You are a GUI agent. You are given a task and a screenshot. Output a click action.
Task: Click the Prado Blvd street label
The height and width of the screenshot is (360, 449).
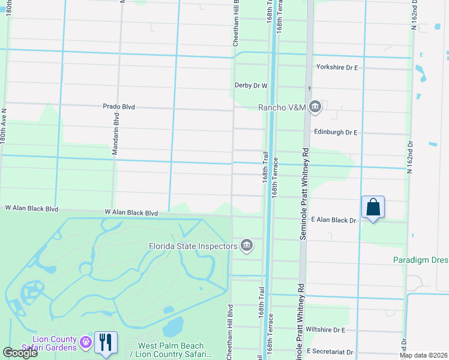[x=118, y=107]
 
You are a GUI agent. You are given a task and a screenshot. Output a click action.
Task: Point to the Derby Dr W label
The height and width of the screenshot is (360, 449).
[x=250, y=86]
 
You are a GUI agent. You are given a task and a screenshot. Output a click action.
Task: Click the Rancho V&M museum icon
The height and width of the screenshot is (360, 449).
[x=316, y=107]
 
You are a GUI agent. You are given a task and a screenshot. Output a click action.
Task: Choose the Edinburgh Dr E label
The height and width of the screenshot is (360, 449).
[x=335, y=132]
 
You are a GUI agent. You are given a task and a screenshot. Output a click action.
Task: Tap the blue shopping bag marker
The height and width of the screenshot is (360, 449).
[x=373, y=207]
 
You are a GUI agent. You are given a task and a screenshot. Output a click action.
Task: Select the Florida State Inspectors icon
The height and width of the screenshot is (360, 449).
[x=247, y=245]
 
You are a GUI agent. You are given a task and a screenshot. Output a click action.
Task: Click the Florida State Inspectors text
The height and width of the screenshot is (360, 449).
[x=193, y=246]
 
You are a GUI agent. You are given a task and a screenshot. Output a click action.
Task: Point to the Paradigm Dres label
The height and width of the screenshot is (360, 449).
[x=421, y=260]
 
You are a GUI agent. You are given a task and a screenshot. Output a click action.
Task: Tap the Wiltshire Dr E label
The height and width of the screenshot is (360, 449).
[x=325, y=330]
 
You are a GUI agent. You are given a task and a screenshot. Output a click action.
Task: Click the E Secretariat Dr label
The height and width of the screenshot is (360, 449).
[x=330, y=352]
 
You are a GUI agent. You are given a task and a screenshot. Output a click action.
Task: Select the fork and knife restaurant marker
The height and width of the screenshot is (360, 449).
[x=106, y=343]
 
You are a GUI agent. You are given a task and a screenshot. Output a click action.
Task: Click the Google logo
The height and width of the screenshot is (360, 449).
[x=20, y=353]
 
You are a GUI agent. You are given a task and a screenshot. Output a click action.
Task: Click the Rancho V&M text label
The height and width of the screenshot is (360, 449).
[x=282, y=107]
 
